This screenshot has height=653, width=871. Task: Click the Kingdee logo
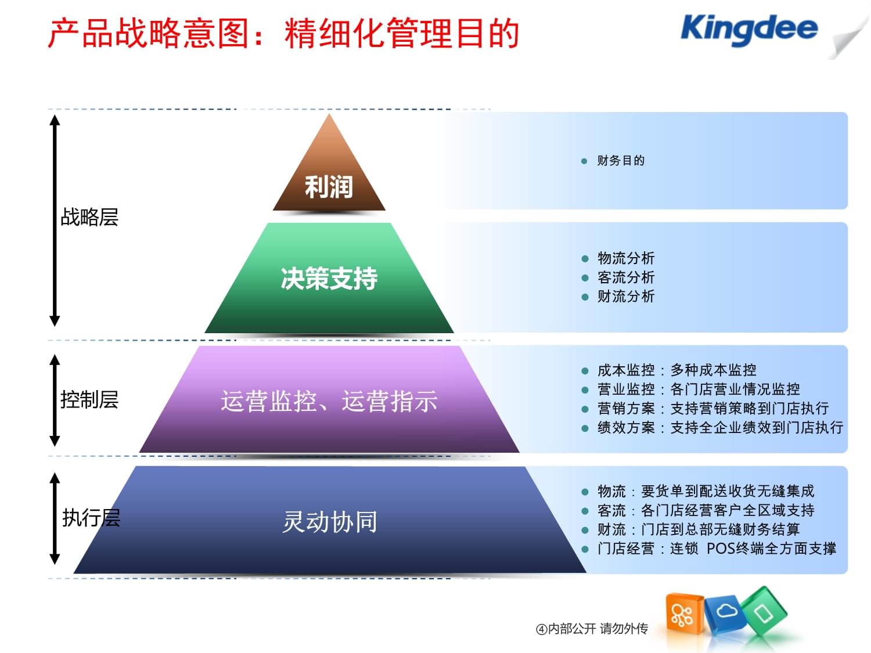(x=748, y=30)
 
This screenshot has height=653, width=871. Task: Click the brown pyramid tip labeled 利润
(x=329, y=186)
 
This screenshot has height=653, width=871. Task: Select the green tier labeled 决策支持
(x=329, y=279)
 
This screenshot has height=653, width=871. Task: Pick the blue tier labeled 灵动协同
(x=329, y=522)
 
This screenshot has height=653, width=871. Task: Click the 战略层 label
(x=89, y=217)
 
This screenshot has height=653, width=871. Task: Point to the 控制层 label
(x=89, y=400)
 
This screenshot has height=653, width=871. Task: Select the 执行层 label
(x=91, y=518)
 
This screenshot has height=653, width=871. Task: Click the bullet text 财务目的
(x=621, y=161)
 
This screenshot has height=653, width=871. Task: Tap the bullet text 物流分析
(x=626, y=258)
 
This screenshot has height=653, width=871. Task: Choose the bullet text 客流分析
(x=626, y=277)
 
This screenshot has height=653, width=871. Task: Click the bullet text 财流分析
(x=626, y=297)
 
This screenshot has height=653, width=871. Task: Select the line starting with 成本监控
(x=676, y=370)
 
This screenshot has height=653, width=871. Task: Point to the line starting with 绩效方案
(x=720, y=428)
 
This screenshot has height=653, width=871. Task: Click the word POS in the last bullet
(x=721, y=549)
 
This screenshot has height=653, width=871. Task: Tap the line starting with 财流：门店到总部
(x=699, y=529)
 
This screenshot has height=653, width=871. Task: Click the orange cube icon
(x=683, y=615)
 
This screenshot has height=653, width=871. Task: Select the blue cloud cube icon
(x=726, y=613)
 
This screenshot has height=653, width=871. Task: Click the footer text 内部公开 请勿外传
(x=598, y=629)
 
